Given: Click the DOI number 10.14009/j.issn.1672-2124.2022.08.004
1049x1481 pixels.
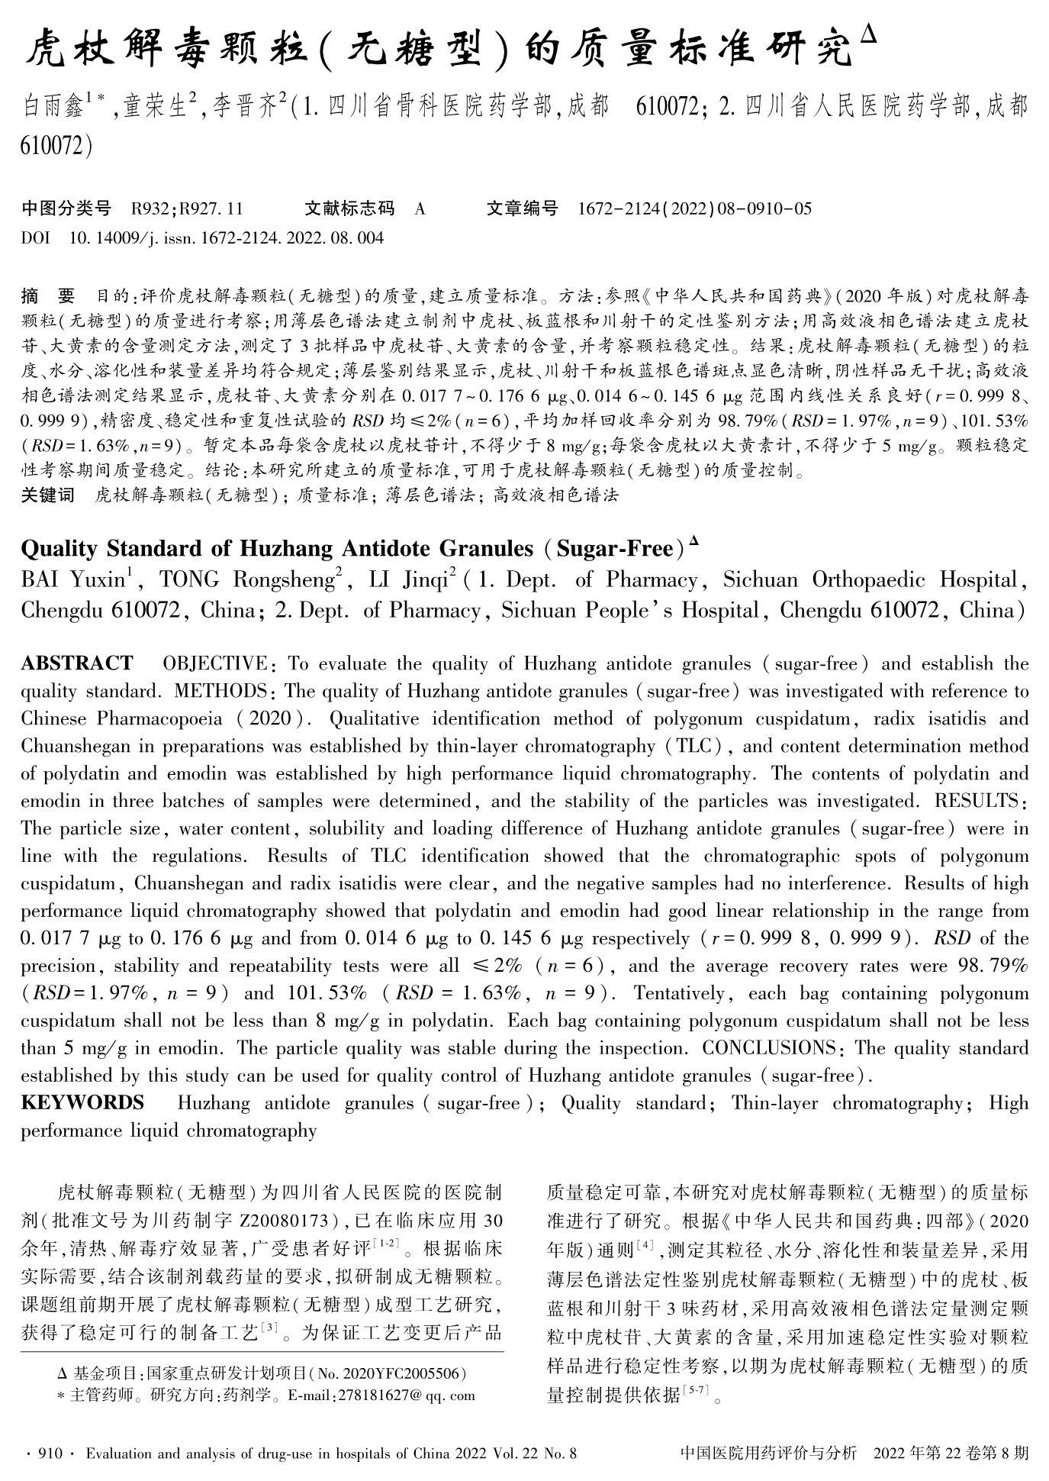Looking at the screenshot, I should click(227, 238).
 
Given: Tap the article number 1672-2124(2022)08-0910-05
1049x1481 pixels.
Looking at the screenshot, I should click(695, 208).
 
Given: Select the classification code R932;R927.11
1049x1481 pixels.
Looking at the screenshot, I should click(187, 208).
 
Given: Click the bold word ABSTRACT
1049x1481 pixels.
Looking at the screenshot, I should click(76, 663).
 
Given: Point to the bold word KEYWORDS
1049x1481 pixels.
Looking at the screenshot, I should click(82, 1103).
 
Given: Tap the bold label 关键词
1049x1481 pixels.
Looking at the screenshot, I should click(47, 495).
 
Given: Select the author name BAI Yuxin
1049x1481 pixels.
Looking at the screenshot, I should click(72, 580).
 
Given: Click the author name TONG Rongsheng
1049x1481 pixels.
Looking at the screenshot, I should click(247, 580).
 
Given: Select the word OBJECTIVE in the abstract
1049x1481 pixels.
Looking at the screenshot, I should click(214, 663).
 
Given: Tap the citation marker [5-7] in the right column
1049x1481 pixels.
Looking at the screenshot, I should click(699, 1391).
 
